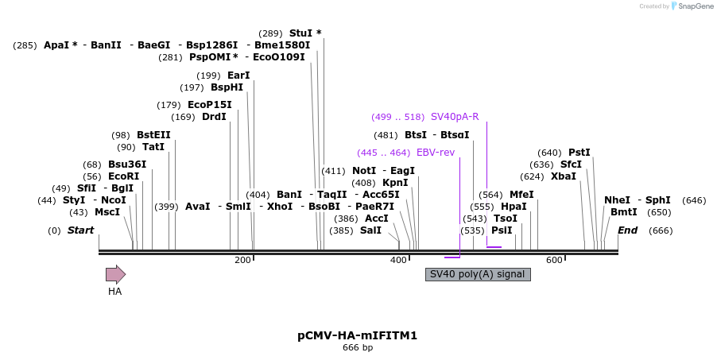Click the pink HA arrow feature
[115, 275]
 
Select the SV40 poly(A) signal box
[478, 274]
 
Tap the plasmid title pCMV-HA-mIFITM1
[357, 335]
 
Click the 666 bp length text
[357, 348]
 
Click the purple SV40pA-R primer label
[455, 117]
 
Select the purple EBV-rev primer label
[436, 153]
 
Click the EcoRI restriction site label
[123, 176]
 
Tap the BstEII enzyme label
[153, 135]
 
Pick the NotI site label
[364, 171]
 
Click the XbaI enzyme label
[563, 176]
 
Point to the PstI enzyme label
[579, 153]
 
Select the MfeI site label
[521, 195]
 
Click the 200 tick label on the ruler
[242, 261]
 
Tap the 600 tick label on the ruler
[554, 261]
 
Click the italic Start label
[80, 230]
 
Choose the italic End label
[627, 230]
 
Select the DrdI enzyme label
[214, 117]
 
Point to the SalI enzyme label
[370, 230]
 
